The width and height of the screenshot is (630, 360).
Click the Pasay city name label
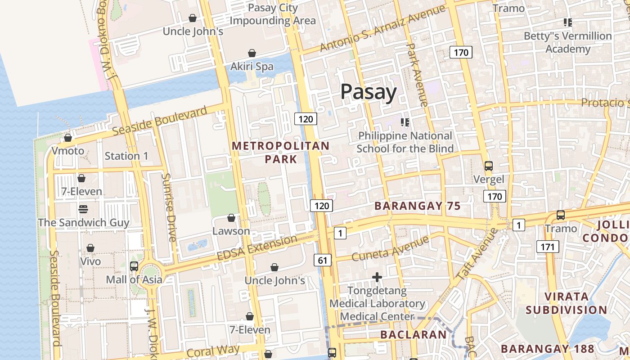pyautogui.click(x=368, y=92)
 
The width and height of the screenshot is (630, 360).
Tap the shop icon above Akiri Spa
pyautogui.click(x=252, y=53)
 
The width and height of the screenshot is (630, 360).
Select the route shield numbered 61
pyautogui.click(x=323, y=260)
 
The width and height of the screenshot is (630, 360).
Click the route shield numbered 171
pyautogui.click(x=547, y=247)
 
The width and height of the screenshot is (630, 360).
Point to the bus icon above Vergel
pyautogui.click(x=489, y=166)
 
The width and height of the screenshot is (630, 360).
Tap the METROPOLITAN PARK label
pyautogui.click(x=281, y=152)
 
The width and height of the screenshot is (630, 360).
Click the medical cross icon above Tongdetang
pyautogui.click(x=377, y=277)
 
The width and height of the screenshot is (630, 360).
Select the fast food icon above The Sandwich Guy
pyautogui.click(x=83, y=209)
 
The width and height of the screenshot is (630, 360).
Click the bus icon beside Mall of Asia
pyautogui.click(x=134, y=266)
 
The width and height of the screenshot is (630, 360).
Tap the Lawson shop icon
pyautogui.click(x=231, y=218)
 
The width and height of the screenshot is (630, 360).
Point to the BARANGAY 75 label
pyautogui.click(x=418, y=206)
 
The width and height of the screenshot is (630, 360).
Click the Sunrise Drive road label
pyautogui.click(x=167, y=207)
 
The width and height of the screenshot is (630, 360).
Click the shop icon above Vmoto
pyautogui.click(x=68, y=138)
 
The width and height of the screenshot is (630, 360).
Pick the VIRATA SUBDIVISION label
pyautogui.click(x=566, y=303)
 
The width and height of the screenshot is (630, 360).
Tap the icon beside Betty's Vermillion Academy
pyautogui.click(x=567, y=22)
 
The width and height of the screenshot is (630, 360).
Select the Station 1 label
pyautogui.click(x=126, y=156)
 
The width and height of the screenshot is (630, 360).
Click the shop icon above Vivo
pyautogui.click(x=90, y=248)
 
